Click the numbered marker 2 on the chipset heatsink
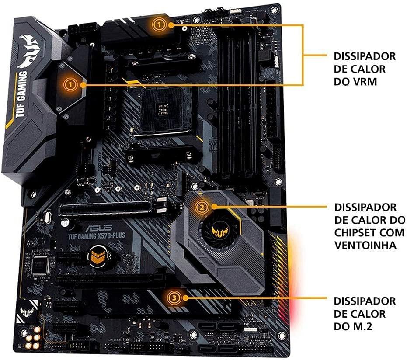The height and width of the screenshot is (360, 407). (x=202, y=207)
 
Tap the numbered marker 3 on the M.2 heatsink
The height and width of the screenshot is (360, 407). (x=174, y=298)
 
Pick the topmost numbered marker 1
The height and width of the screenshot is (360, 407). (x=159, y=25)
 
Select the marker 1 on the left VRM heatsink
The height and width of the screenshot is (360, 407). (x=70, y=85)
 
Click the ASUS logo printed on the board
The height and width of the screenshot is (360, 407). (x=99, y=228)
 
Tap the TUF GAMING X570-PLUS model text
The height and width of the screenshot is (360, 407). (x=97, y=236)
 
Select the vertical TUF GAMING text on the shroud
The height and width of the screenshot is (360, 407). (x=21, y=94)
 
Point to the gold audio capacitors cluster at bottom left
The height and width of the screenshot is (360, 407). (x=33, y=338)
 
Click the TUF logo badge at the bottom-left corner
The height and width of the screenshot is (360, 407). (x=27, y=311)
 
